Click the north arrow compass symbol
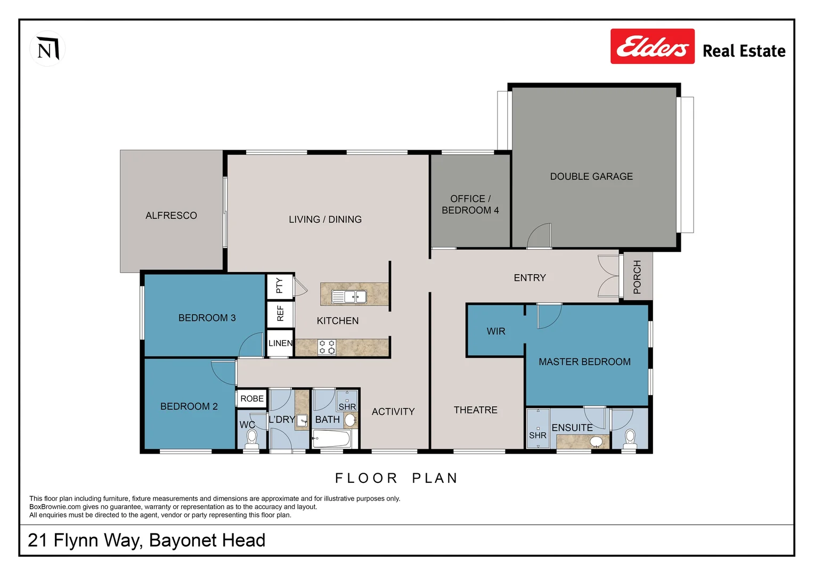[x=47, y=50]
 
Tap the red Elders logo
[x=652, y=46]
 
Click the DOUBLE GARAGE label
[x=591, y=176]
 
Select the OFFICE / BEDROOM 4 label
[x=470, y=204]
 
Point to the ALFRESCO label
[x=171, y=216]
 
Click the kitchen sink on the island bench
[x=349, y=297]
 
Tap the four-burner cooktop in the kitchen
[x=327, y=347]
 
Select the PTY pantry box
[x=280, y=286]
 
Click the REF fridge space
[x=280, y=314]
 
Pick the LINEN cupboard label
[x=280, y=343]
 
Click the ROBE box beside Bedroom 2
[x=251, y=399]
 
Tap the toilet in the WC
[x=251, y=439]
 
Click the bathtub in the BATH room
[x=331, y=439]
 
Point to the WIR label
[x=495, y=331]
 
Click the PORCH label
[x=637, y=277]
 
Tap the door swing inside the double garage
[x=540, y=236]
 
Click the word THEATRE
[x=475, y=410]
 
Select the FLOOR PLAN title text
[x=396, y=478]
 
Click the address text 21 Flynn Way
[x=146, y=540]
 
